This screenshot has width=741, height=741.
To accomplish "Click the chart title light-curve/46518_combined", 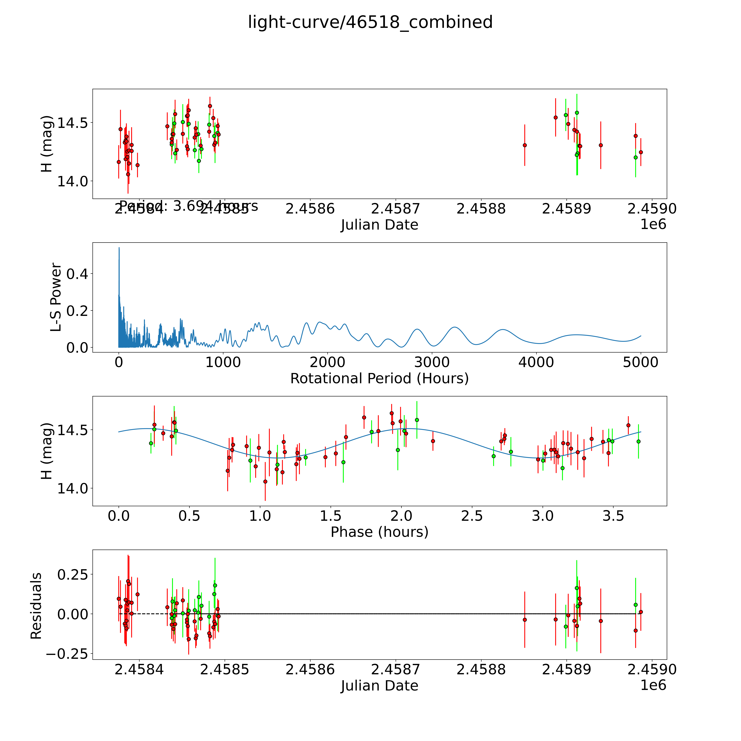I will (370, 22).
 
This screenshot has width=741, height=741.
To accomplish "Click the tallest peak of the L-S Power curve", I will (119, 248).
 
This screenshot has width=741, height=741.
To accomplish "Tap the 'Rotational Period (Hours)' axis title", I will (379, 379).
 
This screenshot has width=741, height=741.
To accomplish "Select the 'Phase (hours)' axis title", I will (379, 532).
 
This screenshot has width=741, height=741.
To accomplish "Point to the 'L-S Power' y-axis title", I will (56, 297).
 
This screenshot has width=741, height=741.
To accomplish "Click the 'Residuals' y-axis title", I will (36, 606).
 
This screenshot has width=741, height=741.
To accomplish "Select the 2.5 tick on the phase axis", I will (472, 516).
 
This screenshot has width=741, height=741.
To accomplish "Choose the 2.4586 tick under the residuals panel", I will (310, 669).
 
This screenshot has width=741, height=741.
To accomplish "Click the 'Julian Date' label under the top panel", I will (379, 225).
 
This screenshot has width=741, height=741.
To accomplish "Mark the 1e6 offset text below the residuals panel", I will (653, 685).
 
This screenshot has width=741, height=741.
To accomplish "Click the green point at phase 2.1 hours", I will (417, 420).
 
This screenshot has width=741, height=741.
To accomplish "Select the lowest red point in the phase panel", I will (265, 481).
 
